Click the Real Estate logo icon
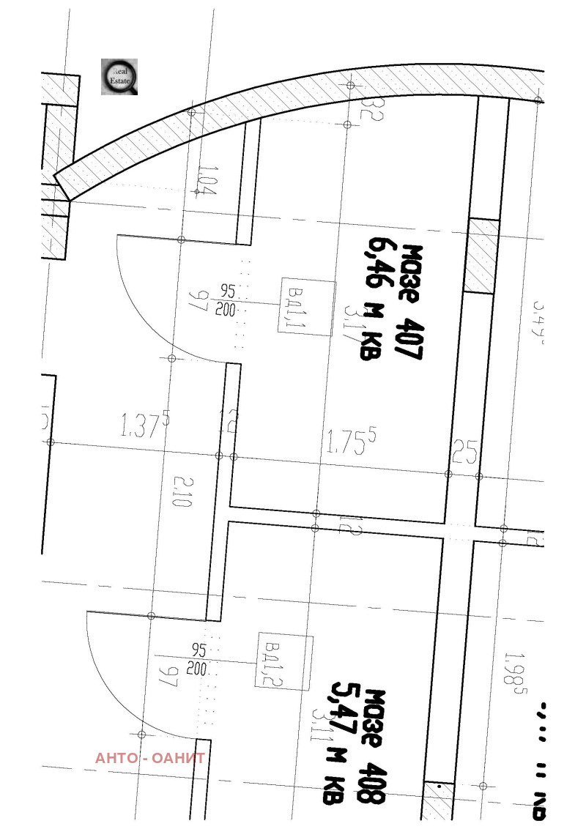point(119,77)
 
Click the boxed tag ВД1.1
point(306,308)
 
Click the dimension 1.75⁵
point(351,442)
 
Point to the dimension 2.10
point(182,491)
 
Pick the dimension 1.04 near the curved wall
point(207,181)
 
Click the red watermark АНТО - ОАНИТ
point(149,758)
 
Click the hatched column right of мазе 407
point(481,256)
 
